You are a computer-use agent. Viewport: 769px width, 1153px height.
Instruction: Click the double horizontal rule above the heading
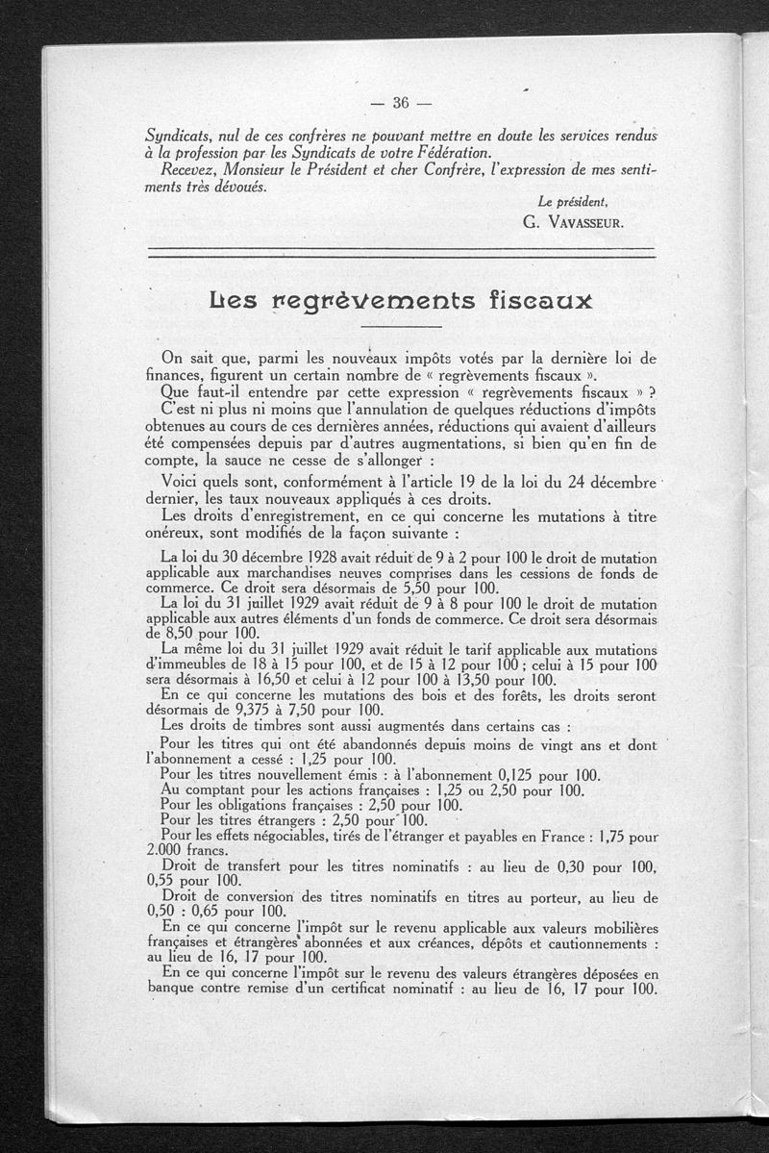[401, 254]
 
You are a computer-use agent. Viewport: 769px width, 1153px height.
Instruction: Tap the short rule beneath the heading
[401, 328]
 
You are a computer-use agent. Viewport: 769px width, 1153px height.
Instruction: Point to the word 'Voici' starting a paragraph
[182, 481]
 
